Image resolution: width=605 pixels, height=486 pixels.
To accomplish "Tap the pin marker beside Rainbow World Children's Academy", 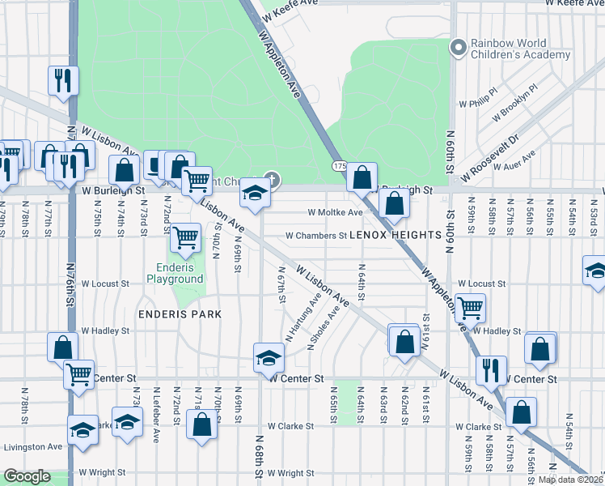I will coord(458,48).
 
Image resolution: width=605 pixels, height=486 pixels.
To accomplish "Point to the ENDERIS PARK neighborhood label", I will coord(180,313).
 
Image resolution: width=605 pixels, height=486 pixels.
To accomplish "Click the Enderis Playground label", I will coord(175,273).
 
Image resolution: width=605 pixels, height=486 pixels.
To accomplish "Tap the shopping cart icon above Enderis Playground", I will coord(186,237).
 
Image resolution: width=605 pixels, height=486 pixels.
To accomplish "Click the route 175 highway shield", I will coord(339,165).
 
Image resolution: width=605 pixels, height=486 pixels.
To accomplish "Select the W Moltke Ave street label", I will coord(336,212).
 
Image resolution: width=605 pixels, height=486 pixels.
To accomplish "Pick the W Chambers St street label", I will coord(315,236).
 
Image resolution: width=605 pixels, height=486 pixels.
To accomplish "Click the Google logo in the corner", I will coord(27,476).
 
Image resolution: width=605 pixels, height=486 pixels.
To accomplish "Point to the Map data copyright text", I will coord(570,480).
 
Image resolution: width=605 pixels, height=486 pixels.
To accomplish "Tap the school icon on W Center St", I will coord(269,357).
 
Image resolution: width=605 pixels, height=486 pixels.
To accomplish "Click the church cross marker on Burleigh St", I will coord(273,179).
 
